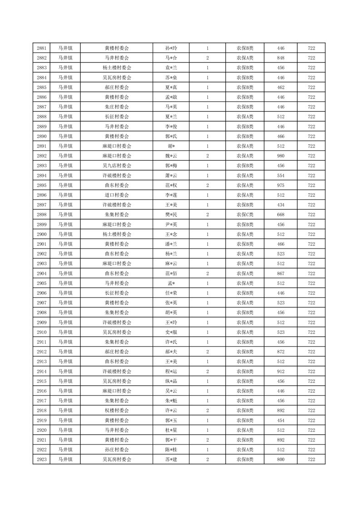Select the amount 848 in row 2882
point(281,58)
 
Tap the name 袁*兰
point(171,68)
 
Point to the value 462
point(281,87)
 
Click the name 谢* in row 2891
point(171,146)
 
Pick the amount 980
point(281,156)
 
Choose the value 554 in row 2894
point(281,176)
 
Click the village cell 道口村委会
point(117,195)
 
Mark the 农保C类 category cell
point(245,215)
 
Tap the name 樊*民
point(171,215)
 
